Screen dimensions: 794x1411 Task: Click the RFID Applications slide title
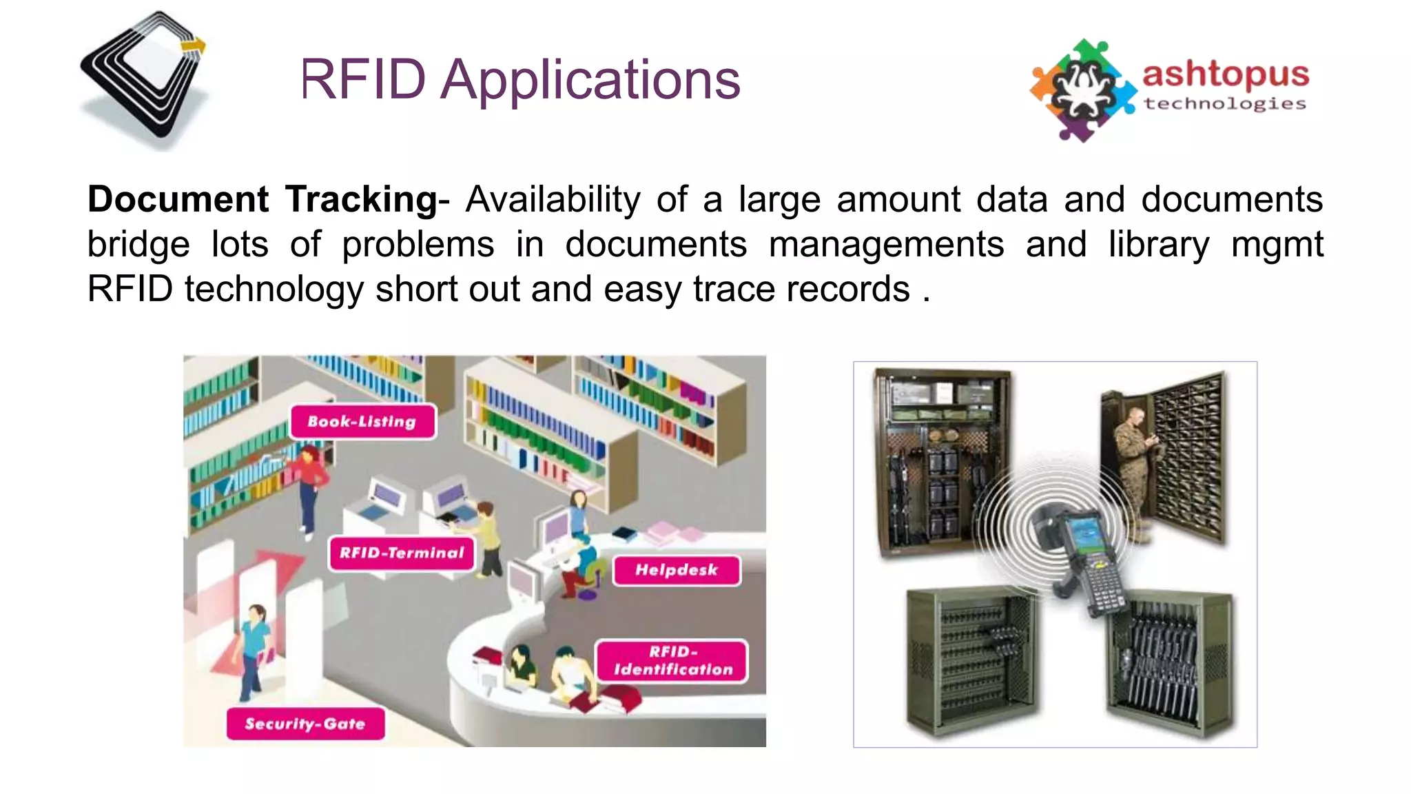click(x=520, y=79)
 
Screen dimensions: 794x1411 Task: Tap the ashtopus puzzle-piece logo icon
click(x=1082, y=90)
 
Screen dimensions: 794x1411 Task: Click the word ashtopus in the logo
click(x=1226, y=74)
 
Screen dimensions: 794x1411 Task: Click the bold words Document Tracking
click(x=262, y=199)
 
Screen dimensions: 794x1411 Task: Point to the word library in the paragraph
click(x=1158, y=244)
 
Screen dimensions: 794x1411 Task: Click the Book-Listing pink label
click(x=362, y=421)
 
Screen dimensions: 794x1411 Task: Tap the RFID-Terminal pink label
click(x=402, y=553)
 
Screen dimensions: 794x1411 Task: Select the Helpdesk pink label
click(x=676, y=570)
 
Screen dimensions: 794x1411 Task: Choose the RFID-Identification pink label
click(x=672, y=661)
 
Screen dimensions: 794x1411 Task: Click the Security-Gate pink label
click(x=305, y=724)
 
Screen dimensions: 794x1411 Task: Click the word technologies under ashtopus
click(x=1225, y=104)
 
